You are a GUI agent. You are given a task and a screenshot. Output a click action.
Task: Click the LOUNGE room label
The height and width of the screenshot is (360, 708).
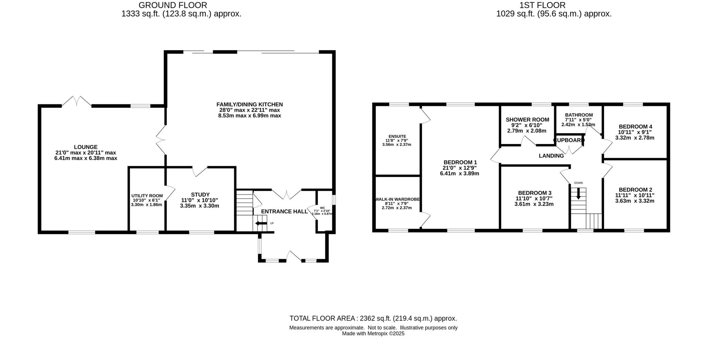[86, 147]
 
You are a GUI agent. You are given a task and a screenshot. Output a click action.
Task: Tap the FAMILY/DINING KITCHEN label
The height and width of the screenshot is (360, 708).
[250, 104]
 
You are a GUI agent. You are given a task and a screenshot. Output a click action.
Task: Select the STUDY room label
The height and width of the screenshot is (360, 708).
[200, 195]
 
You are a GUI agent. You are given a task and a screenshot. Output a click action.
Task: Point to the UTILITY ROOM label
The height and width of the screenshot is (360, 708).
[147, 196]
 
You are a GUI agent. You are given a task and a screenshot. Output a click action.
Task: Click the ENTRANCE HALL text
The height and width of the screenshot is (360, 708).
[284, 211]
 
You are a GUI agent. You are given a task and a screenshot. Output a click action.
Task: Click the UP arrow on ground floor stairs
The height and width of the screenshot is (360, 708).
[261, 223]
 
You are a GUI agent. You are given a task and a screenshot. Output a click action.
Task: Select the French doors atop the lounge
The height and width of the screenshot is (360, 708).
[76, 101]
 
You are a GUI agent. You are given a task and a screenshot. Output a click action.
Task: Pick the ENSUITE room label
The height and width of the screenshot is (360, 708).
[397, 136]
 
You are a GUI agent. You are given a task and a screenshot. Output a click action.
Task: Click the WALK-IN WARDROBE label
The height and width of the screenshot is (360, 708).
[397, 199]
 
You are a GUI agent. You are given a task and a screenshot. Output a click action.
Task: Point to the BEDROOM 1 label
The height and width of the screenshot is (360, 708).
[460, 162]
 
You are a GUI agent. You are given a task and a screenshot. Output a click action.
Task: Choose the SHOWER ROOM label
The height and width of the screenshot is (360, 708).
[527, 120]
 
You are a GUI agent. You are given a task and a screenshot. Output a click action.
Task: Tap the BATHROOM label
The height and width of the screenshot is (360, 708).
[579, 115]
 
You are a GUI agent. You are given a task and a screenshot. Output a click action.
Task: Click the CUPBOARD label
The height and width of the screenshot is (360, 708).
[569, 140]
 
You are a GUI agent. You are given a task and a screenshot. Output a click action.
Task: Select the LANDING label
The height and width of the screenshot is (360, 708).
[551, 156]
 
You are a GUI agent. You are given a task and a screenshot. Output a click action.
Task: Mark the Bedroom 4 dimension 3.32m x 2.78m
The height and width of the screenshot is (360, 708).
[635, 138]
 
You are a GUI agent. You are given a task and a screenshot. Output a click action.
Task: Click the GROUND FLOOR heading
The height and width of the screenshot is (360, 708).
[173, 5]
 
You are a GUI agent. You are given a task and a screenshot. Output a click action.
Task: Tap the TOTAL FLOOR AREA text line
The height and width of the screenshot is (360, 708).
[373, 318]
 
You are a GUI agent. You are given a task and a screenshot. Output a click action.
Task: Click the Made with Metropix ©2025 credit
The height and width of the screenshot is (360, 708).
[373, 334]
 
